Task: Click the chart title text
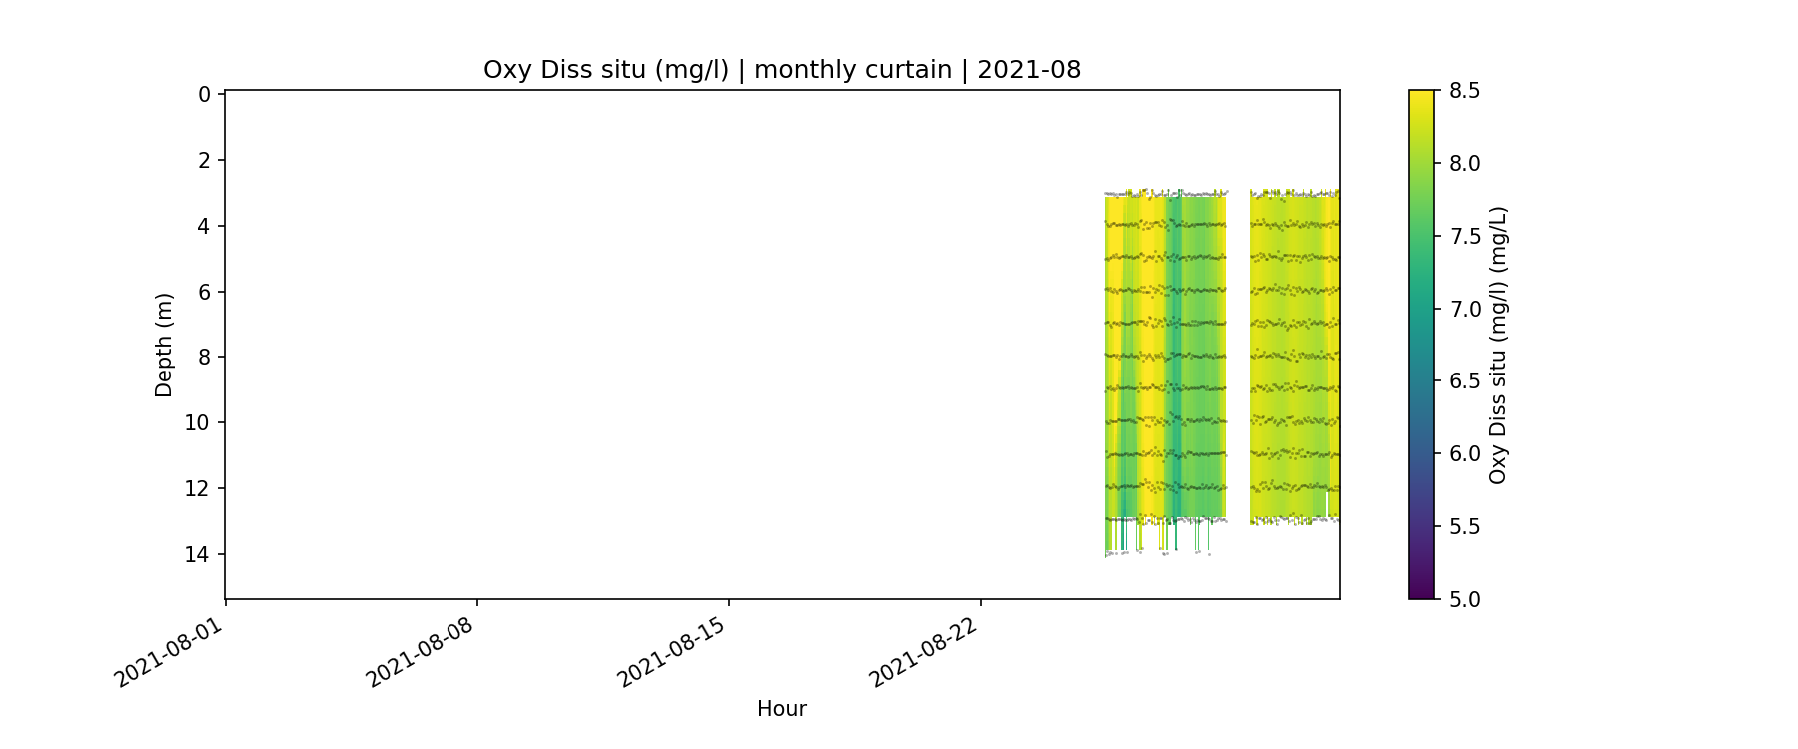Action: tap(781, 70)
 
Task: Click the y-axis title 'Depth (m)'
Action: tap(164, 345)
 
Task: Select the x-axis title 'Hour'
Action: tap(781, 709)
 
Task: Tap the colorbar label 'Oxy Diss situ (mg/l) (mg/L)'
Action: tap(1497, 345)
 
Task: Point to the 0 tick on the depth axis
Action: tap(204, 95)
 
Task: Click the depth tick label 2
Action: tap(204, 160)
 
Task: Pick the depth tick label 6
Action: tap(204, 292)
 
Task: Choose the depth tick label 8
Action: tap(204, 358)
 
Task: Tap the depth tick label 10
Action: tap(198, 423)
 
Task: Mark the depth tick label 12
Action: tap(198, 488)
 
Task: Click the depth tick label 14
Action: tap(198, 554)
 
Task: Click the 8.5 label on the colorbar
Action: tap(1464, 91)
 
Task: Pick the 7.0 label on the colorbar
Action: tap(1464, 309)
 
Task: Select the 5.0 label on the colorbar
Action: tap(1464, 599)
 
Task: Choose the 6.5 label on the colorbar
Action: tap(1464, 381)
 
